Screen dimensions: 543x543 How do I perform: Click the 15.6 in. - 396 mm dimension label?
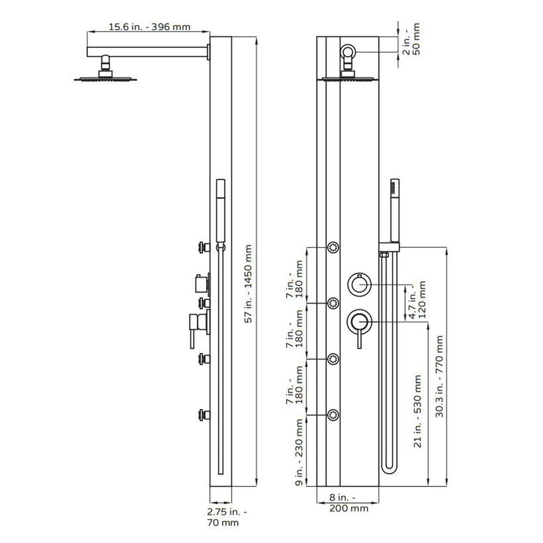click(150, 27)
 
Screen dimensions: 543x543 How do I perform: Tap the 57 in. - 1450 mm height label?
click(248, 284)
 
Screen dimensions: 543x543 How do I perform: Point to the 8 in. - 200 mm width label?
click(348, 503)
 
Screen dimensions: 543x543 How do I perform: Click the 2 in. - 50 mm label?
click(412, 39)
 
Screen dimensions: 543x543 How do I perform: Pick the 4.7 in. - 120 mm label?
click(417, 300)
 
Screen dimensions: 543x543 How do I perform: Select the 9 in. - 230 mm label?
click(299, 452)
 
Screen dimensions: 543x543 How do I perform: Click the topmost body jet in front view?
click(333, 248)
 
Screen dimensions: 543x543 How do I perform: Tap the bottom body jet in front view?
click(333, 415)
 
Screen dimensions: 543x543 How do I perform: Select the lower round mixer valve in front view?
click(359, 321)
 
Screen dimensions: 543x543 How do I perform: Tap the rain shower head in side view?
click(106, 78)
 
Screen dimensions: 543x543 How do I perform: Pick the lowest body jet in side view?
click(204, 415)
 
